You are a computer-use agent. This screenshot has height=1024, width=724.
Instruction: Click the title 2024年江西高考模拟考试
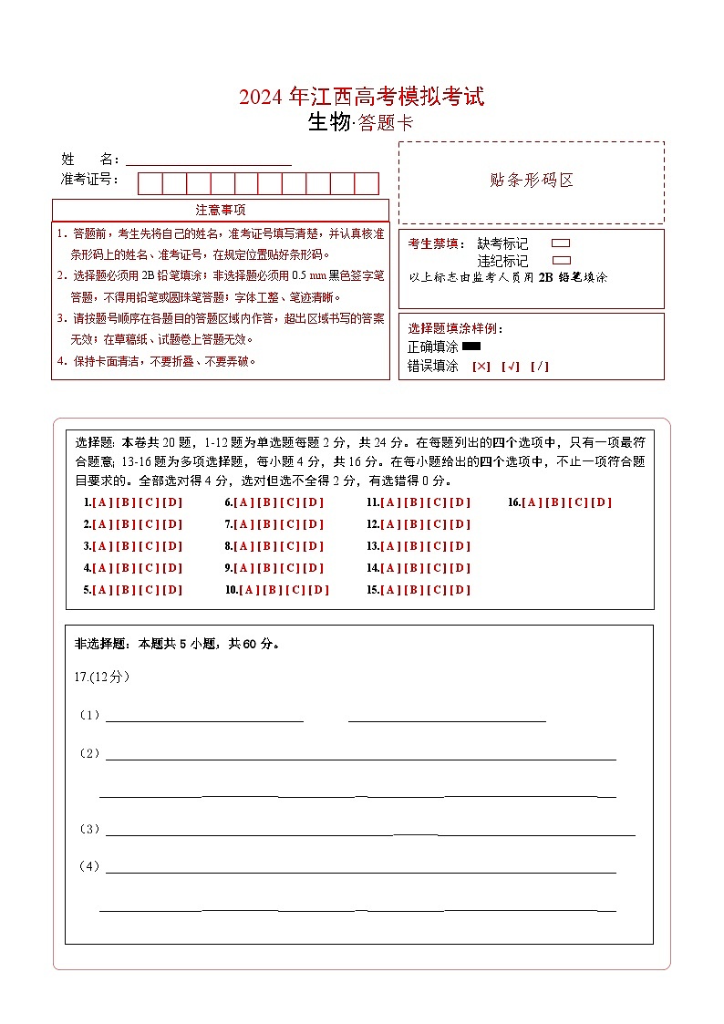(x=361, y=97)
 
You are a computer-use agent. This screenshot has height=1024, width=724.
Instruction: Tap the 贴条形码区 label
(x=532, y=181)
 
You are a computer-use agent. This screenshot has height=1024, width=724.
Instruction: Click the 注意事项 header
(x=221, y=210)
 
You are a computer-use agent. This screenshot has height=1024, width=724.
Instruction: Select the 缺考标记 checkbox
(x=562, y=243)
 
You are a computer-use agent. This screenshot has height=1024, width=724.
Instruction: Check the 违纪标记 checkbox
(x=562, y=260)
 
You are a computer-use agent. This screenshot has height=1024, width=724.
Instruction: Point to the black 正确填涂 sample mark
(x=471, y=347)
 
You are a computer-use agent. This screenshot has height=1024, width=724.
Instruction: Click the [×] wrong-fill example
(x=481, y=367)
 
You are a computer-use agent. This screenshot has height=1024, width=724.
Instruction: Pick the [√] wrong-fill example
(x=511, y=367)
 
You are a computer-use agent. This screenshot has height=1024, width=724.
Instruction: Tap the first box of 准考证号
(x=150, y=183)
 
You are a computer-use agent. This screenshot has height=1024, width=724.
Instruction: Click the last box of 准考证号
(x=367, y=183)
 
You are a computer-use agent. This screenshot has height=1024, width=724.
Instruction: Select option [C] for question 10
(x=295, y=590)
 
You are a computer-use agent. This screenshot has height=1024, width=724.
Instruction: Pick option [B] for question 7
(x=267, y=524)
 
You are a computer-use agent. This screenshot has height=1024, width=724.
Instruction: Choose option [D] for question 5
(x=172, y=590)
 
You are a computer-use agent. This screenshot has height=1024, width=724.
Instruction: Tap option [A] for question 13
(x=390, y=546)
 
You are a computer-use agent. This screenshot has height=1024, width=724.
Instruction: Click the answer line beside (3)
(x=369, y=832)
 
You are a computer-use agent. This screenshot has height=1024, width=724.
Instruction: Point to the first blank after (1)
(x=204, y=719)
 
